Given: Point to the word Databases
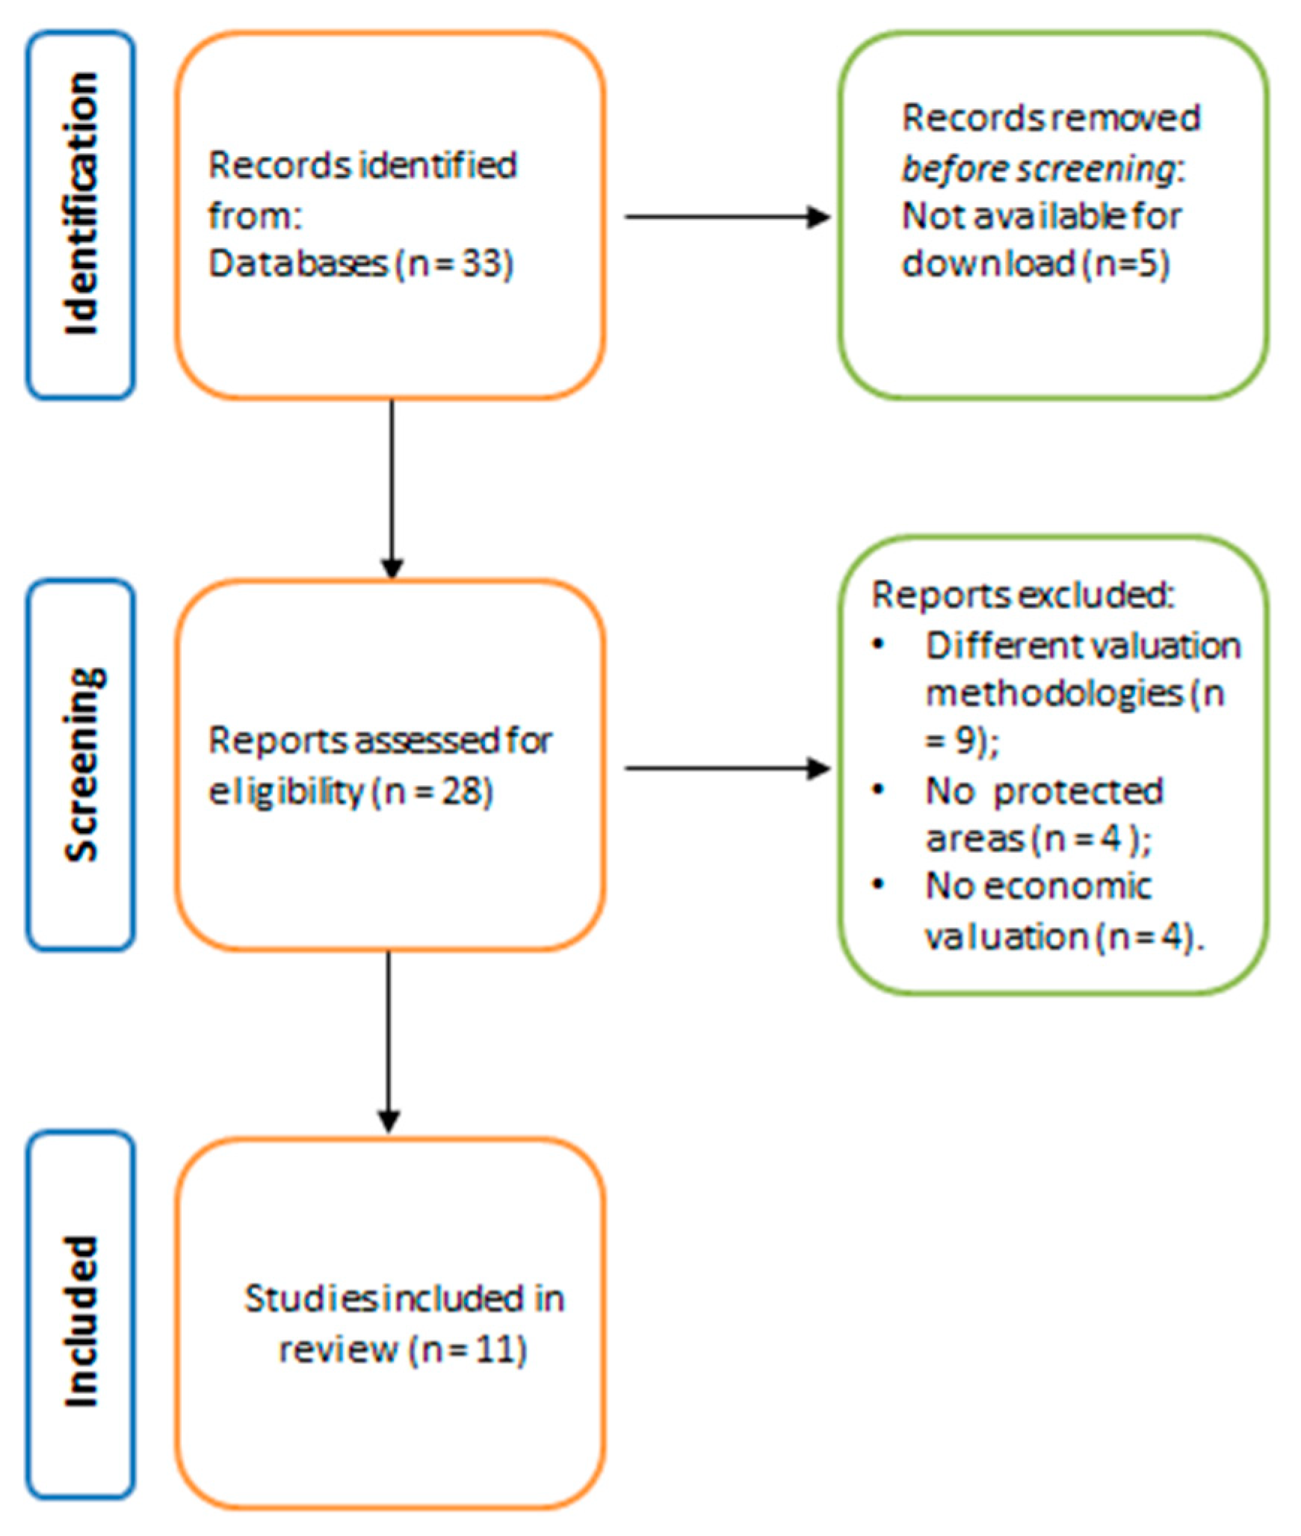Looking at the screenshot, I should pos(297,264).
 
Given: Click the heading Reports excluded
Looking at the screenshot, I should pos(1022,595).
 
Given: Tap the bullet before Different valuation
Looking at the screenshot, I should pos(879,644).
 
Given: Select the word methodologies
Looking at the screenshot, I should pos(1054,693).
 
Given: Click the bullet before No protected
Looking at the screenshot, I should pos(879,790).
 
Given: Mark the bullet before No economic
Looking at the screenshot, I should pos(879,885).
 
